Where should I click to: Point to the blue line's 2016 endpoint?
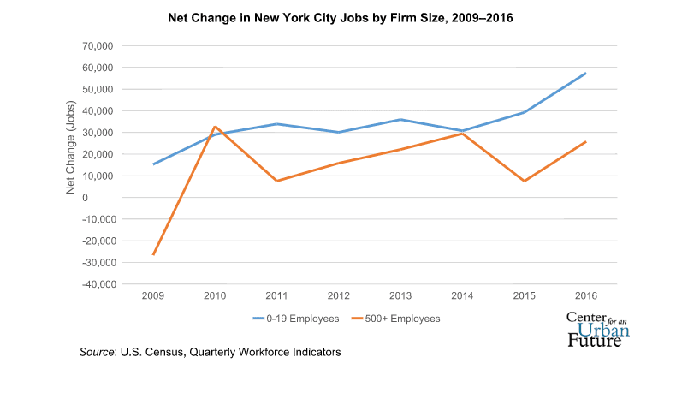point(585,73)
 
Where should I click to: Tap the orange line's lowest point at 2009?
point(154,254)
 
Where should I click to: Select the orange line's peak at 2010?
point(216,127)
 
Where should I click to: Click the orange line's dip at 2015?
point(524,181)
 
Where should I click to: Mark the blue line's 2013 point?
point(400,120)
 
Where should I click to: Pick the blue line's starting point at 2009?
point(154,164)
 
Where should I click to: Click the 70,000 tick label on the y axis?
point(97,46)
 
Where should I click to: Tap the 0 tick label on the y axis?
point(110,198)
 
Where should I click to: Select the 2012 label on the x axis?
point(339,296)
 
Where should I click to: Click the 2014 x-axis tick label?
point(462,296)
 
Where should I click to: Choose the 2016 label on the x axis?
point(585,296)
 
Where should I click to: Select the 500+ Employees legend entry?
point(401,318)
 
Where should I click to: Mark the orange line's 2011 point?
point(277,181)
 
